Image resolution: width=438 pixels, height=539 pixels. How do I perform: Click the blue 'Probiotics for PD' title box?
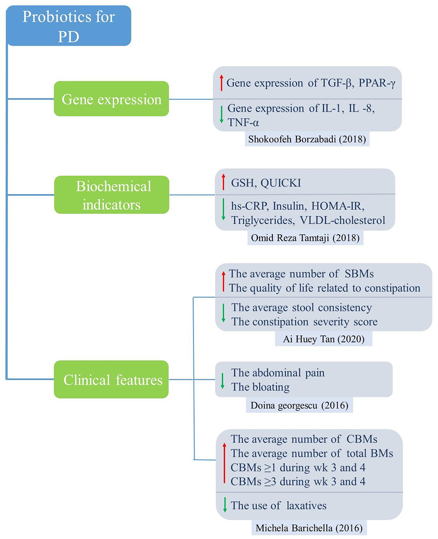tap(69, 26)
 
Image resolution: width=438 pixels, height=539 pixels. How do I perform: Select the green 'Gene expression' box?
tap(111, 99)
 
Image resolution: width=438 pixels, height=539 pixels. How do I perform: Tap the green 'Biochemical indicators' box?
tap(111, 195)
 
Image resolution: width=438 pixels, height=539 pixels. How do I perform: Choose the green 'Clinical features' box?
tap(111, 379)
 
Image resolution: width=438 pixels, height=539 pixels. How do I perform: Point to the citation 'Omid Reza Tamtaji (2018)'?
tap(305, 238)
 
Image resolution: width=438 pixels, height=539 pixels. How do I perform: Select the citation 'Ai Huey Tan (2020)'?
tap(323, 339)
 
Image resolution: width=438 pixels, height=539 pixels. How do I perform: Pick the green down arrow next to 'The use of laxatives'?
tap(225, 505)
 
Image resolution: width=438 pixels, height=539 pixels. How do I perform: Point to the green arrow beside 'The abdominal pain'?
tap(223, 380)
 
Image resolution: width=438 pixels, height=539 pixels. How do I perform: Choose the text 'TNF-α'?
tap(243, 122)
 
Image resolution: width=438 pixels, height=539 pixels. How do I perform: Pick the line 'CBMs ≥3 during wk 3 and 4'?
tap(298, 481)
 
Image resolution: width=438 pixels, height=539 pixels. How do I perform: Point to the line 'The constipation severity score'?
tap(304, 322)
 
